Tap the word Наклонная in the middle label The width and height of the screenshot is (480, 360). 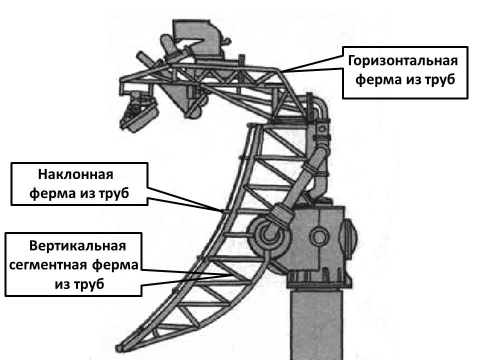click(76, 175)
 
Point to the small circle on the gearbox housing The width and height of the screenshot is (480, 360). click(318, 235)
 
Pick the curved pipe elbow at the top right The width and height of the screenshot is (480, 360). click(320, 107)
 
